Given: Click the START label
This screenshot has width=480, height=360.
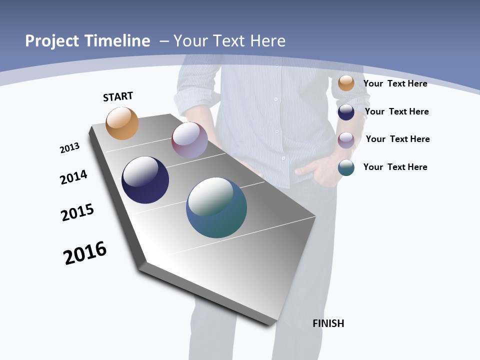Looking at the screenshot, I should tap(118, 96).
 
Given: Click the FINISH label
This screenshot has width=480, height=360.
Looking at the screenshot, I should tap(328, 323).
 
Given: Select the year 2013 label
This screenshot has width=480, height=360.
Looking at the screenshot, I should tap(69, 148).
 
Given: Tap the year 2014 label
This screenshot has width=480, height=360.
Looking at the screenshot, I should tap(73, 177).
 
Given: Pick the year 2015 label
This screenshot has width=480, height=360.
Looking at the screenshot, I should tap(77, 212).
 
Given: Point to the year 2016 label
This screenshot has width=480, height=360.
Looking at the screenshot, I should tap(85, 253).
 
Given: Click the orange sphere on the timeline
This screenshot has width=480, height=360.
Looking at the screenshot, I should tap(122, 123).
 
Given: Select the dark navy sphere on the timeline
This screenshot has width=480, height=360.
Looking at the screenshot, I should tap(145, 180).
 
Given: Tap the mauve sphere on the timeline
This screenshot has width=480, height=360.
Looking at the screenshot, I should tap(189, 140).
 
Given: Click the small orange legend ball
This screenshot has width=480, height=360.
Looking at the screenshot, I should tap(346, 83).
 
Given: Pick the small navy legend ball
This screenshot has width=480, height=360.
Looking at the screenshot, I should tap(346, 112).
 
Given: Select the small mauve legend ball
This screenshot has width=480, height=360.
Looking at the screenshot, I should tap(346, 140).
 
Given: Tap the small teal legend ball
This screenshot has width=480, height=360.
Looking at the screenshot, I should tap(346, 167).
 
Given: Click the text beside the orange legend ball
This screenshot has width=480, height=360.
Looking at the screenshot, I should tap(395, 83).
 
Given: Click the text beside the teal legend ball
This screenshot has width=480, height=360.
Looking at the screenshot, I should tap(395, 167).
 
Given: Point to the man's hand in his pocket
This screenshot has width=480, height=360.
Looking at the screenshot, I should tap(312, 172).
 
